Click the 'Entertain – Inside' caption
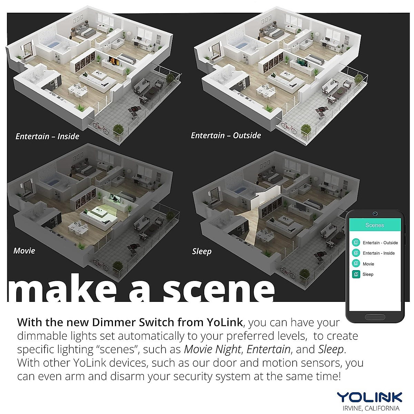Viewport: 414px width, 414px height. click(x=47, y=136)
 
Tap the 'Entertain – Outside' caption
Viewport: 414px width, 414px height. click(x=226, y=136)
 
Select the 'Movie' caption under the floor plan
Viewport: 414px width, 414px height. click(x=24, y=251)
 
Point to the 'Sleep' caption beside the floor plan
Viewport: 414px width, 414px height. click(x=201, y=252)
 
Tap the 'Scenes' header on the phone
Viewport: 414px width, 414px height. click(x=374, y=225)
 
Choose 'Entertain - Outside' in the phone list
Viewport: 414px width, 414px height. click(x=380, y=243)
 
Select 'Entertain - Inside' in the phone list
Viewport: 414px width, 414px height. click(x=378, y=253)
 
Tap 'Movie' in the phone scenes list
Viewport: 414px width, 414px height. click(x=368, y=264)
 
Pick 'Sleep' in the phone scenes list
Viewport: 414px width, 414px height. click(x=368, y=274)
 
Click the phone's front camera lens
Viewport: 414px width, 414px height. click(x=375, y=214)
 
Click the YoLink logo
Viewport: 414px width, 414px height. click(x=369, y=397)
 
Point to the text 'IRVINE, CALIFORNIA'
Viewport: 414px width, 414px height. click(x=369, y=408)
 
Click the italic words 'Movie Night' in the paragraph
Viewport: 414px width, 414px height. click(x=212, y=349)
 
